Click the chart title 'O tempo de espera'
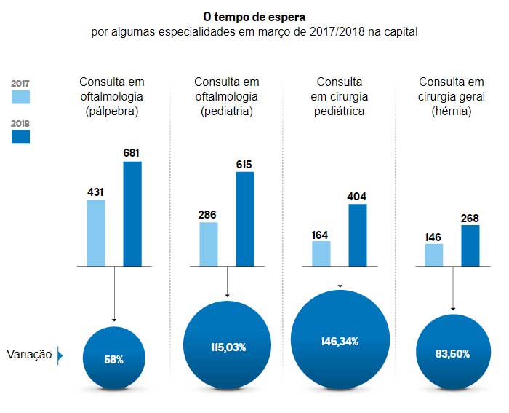[254, 15]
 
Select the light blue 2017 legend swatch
[21, 97]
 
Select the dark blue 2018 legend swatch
[21, 135]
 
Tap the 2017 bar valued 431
[96, 232]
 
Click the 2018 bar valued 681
[132, 213]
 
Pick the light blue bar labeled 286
[208, 244]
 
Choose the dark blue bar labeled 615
[245, 219]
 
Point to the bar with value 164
[321, 253]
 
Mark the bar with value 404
[358, 235]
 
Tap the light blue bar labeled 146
[433, 254]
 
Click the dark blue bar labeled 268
[470, 245]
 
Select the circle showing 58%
[113, 358]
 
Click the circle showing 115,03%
[226, 347]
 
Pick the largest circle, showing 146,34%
[340, 341]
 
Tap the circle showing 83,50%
[452, 353]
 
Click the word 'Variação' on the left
[29, 355]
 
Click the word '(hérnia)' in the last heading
[452, 111]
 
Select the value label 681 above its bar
[132, 152]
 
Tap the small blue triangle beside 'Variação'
[60, 355]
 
